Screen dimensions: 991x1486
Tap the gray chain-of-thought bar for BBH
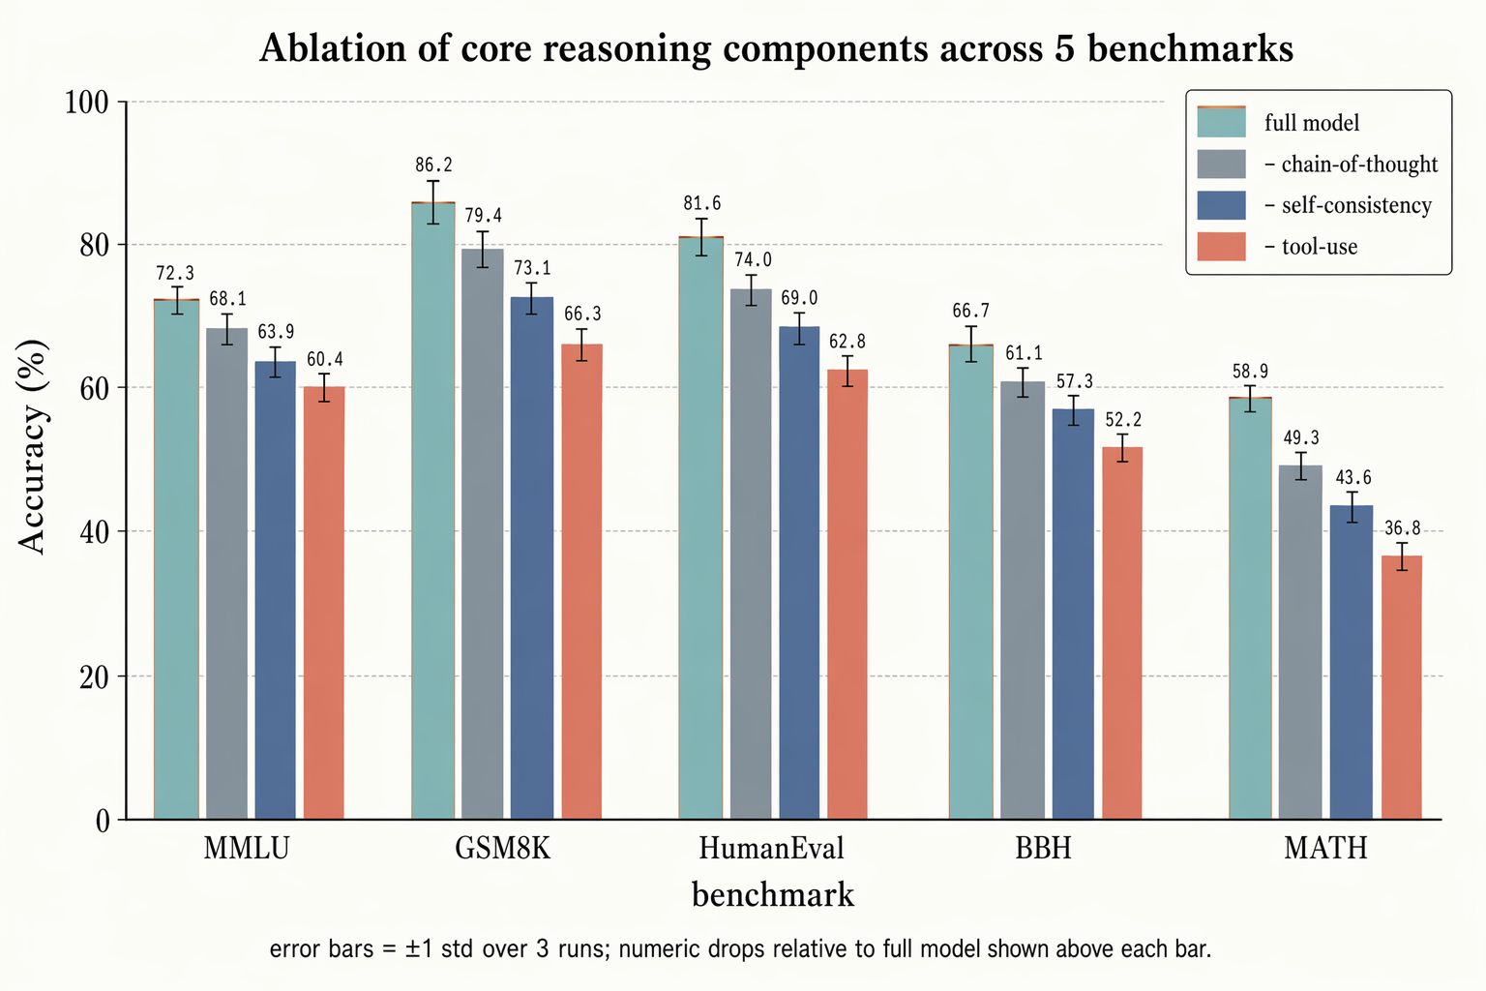pos(1022,600)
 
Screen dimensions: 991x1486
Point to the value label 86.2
pos(432,165)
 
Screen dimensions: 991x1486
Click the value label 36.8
pos(1402,528)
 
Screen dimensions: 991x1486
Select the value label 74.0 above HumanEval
pos(752,260)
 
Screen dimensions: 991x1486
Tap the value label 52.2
pos(1122,420)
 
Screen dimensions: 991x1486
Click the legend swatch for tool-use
pos(1220,247)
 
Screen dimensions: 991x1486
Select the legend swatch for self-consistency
pos(1220,205)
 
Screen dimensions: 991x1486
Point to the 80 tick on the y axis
pos(94,245)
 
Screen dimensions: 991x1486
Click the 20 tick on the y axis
pos(94,676)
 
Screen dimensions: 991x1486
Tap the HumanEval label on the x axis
pos(771,850)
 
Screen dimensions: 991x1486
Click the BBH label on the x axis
pos(1043,850)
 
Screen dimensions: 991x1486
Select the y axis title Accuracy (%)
pos(33,446)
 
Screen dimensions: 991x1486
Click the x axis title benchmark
pos(772,895)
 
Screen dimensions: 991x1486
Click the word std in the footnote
pos(460,949)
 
